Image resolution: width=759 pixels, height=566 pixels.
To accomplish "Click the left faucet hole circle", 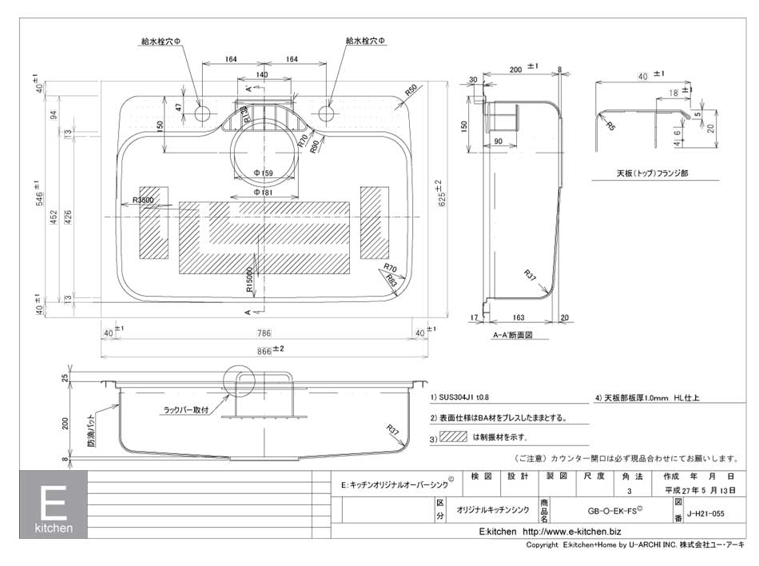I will [201, 113].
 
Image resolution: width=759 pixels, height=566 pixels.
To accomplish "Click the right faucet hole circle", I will [326, 113].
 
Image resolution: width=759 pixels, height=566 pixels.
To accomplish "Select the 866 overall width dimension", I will [266, 349].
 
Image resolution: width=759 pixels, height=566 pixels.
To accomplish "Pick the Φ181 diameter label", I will [263, 192].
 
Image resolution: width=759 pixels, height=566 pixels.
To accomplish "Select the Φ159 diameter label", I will [263, 173].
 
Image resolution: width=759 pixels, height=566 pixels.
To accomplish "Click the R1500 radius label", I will [249, 277].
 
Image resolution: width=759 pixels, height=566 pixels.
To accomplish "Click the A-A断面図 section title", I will [512, 336].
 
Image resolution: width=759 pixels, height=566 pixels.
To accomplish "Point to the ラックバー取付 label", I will [185, 409].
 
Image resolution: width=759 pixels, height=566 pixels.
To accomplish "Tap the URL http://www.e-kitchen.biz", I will [571, 532].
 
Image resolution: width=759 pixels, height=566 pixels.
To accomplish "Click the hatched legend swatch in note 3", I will [453, 437].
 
